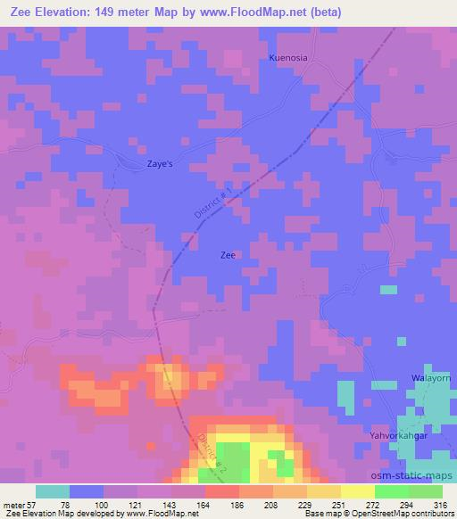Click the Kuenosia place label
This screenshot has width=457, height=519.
click(x=288, y=58)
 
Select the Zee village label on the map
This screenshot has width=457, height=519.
click(x=228, y=255)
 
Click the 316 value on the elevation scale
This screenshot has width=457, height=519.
click(x=440, y=504)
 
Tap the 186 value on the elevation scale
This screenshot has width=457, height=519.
click(x=237, y=504)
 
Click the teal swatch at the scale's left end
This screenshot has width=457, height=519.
click(x=53, y=491)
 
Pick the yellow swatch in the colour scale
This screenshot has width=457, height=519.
click(x=357, y=491)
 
